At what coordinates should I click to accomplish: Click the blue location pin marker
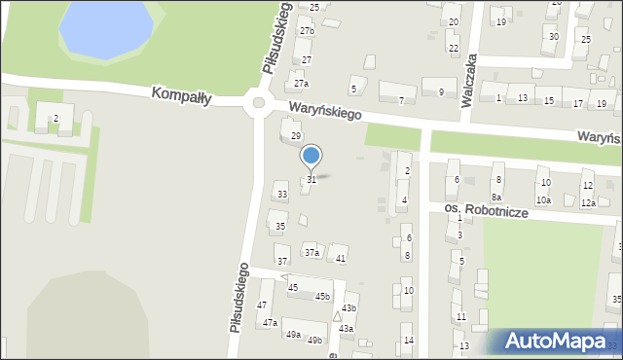click(x=311, y=156)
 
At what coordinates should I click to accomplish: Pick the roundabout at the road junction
click(x=258, y=102)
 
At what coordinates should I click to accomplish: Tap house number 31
click(x=311, y=180)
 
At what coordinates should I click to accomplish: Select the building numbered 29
click(x=296, y=135)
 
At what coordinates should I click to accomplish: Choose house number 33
click(x=282, y=195)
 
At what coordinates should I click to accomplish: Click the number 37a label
click(x=311, y=253)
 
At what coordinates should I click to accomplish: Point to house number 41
click(x=341, y=258)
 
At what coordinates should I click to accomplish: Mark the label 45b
click(x=322, y=296)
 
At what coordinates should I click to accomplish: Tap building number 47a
click(x=270, y=322)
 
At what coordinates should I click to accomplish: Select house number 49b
click(x=314, y=340)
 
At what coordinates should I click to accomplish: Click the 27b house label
click(x=307, y=31)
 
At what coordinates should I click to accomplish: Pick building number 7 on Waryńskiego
click(x=401, y=100)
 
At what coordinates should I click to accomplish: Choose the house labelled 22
click(x=453, y=48)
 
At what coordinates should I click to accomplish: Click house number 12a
click(x=588, y=202)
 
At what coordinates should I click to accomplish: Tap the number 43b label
click(x=348, y=308)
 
